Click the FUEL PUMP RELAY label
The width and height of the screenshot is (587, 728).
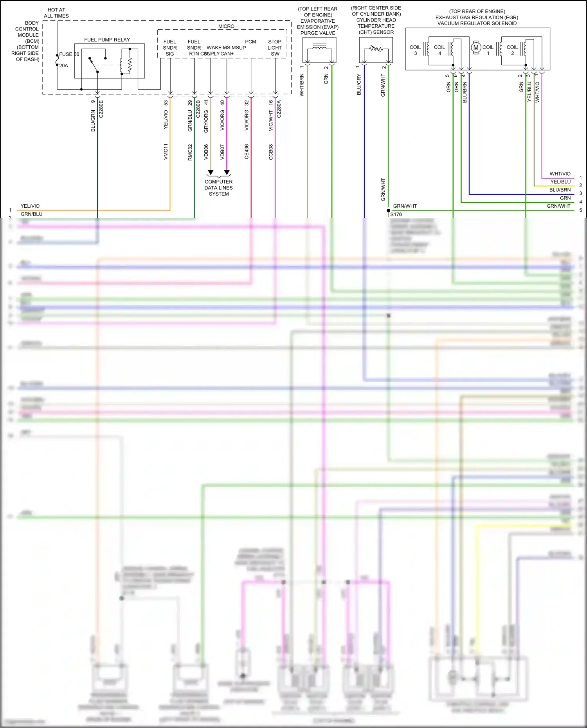(107, 40)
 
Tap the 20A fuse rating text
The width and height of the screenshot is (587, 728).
(63, 66)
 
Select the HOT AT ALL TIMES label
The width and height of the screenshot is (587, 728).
(56, 13)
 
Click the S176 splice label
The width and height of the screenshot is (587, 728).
(396, 214)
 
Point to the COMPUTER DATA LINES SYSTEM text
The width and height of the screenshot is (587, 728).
(218, 188)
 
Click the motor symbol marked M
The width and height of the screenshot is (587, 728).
(476, 47)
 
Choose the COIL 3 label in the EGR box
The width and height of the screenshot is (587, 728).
(415, 50)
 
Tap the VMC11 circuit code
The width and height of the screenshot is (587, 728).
(166, 152)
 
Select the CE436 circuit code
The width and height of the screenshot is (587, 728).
(247, 152)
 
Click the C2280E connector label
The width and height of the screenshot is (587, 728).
(101, 109)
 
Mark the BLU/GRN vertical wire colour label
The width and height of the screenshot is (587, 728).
(93, 121)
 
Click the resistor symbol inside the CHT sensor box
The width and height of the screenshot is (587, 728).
(376, 49)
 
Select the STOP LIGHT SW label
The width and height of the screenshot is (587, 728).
(275, 48)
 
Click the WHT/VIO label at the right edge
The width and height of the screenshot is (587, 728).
(560, 174)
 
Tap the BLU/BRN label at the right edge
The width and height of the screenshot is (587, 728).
(560, 190)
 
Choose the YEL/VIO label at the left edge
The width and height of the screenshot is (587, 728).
(30, 206)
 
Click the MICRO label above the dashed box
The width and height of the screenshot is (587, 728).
(226, 26)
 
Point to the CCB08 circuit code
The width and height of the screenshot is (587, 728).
(271, 152)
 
